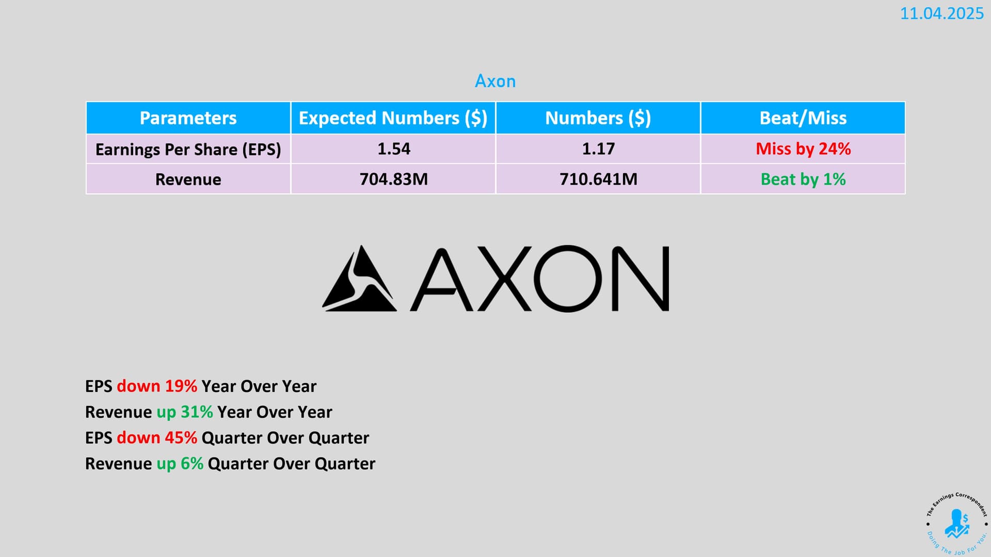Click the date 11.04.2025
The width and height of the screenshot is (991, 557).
coord(942,13)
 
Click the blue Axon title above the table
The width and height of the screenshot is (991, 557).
coord(495,81)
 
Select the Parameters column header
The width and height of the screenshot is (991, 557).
coord(188,118)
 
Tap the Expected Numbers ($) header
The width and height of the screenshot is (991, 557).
coord(393,118)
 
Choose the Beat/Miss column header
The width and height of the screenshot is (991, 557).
coord(803,118)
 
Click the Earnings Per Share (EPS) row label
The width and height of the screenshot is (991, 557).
coord(188,150)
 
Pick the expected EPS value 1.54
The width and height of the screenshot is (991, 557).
coord(393,149)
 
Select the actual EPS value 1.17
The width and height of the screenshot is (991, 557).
coord(598,149)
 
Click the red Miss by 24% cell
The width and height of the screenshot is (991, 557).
coord(803,149)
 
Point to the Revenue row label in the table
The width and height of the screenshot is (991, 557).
coord(188,179)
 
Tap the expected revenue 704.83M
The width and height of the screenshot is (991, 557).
coord(393,179)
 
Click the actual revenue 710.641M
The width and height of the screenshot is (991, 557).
coord(598,179)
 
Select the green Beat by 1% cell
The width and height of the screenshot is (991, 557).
coord(803,179)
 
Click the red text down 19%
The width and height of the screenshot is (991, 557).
coord(157,386)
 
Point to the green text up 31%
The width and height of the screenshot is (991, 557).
coord(184,412)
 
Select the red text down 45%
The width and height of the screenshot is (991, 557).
coord(157,437)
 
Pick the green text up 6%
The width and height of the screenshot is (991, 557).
coord(180,464)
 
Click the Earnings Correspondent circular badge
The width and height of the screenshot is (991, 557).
coord(956,523)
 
